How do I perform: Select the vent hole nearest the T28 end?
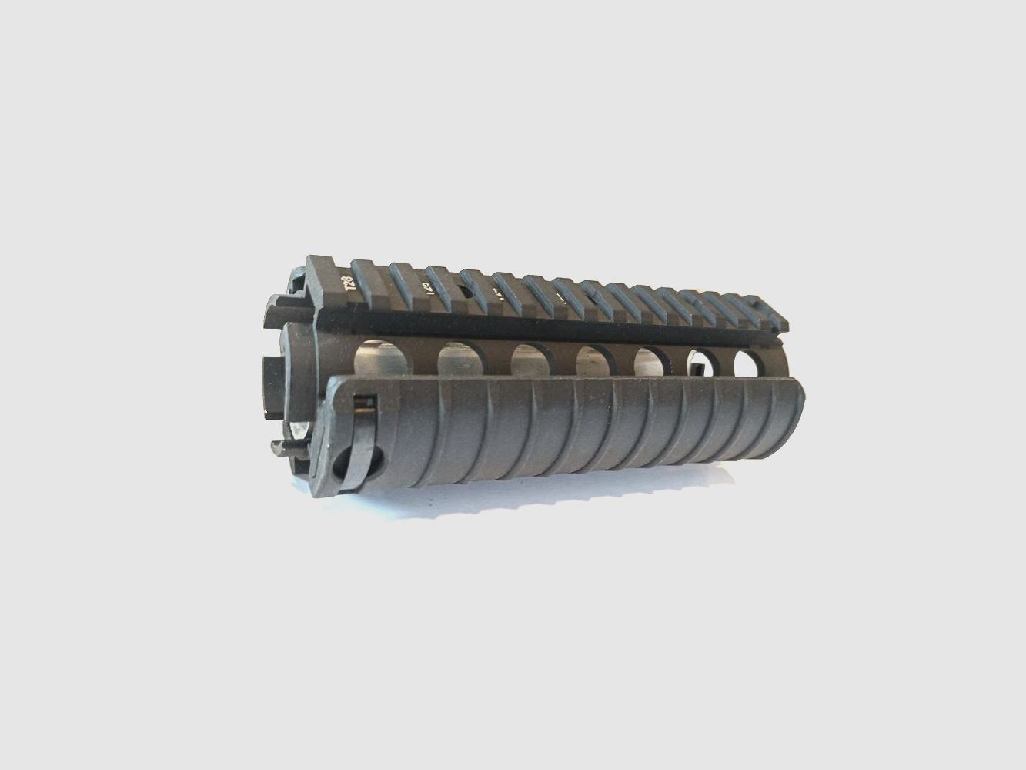378,359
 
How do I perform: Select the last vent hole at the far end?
750,363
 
